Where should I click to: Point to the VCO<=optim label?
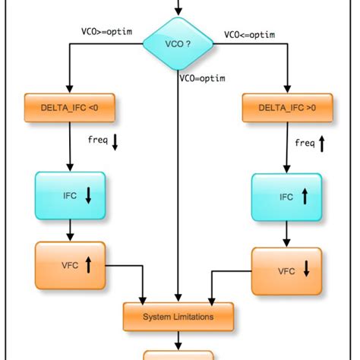pyautogui.click(x=249, y=36)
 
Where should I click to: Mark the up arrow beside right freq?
pyautogui.click(x=321, y=143)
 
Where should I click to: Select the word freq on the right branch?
pyautogui.click(x=304, y=143)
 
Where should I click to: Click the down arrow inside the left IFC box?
pyautogui.click(x=88, y=196)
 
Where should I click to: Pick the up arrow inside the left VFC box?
pyautogui.click(x=88, y=265)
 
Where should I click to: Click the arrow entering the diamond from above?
pyautogui.click(x=178, y=8)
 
